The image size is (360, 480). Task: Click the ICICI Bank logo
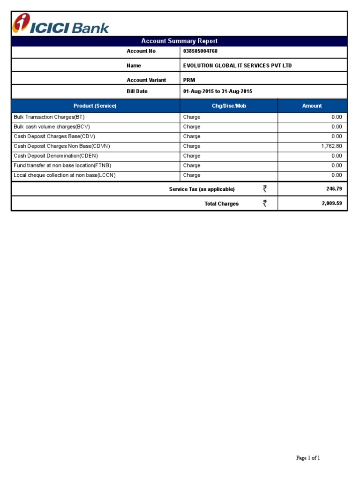(x=60, y=24)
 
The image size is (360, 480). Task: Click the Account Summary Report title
(x=179, y=41)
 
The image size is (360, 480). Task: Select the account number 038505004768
(x=200, y=51)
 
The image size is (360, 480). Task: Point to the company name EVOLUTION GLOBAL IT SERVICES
(x=237, y=66)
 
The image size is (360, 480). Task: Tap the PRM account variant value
(x=189, y=80)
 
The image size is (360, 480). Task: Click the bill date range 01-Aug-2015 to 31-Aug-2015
(x=217, y=91)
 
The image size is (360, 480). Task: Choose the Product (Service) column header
(x=95, y=106)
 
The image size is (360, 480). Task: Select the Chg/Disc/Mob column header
(x=229, y=106)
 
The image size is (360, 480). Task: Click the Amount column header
(x=312, y=106)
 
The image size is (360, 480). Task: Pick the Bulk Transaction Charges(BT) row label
(x=49, y=117)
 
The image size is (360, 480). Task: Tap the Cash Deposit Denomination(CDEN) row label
(x=56, y=156)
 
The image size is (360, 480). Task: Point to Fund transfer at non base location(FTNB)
(x=62, y=165)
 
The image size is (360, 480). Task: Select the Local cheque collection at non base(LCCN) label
(x=65, y=175)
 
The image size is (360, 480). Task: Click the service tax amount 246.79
(x=334, y=189)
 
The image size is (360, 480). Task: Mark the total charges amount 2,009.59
(x=331, y=204)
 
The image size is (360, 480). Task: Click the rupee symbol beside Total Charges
(x=265, y=203)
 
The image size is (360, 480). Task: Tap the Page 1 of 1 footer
(x=308, y=458)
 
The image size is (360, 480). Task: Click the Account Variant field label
(x=146, y=80)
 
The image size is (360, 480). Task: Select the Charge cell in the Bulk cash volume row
(x=192, y=127)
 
